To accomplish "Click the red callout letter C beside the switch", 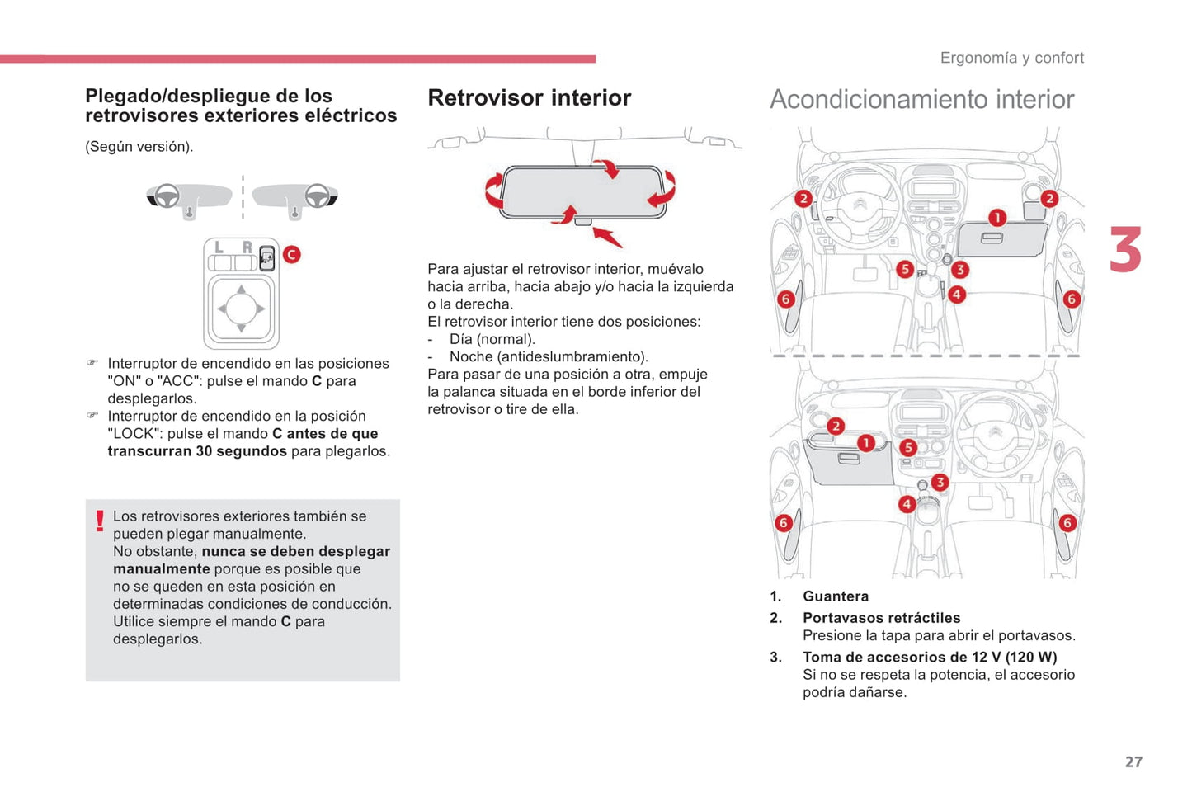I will pyautogui.click(x=291, y=254).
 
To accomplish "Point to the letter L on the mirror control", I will pyautogui.click(x=219, y=247).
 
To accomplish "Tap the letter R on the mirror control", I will pyautogui.click(x=246, y=247).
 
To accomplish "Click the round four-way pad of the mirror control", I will pyautogui.click(x=241, y=309).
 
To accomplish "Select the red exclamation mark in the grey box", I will pyautogui.click(x=100, y=521).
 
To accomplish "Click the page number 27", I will pyautogui.click(x=1133, y=761).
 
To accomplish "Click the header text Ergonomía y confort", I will pyautogui.click(x=1011, y=58).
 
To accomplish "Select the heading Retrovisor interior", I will pyautogui.click(x=529, y=97).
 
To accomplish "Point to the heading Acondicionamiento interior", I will pyautogui.click(x=921, y=99).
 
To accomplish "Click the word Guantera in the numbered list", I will pyautogui.click(x=835, y=596).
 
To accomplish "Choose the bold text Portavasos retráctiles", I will pyautogui.click(x=881, y=618).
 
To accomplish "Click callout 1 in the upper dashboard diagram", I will pyautogui.click(x=997, y=218).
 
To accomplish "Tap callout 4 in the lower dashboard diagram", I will pyautogui.click(x=907, y=504).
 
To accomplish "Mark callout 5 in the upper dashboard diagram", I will pyautogui.click(x=905, y=269).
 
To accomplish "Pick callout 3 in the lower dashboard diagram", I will pyautogui.click(x=940, y=483).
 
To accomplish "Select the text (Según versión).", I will pyautogui.click(x=139, y=147).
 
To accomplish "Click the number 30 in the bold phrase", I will pyautogui.click(x=204, y=451).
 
